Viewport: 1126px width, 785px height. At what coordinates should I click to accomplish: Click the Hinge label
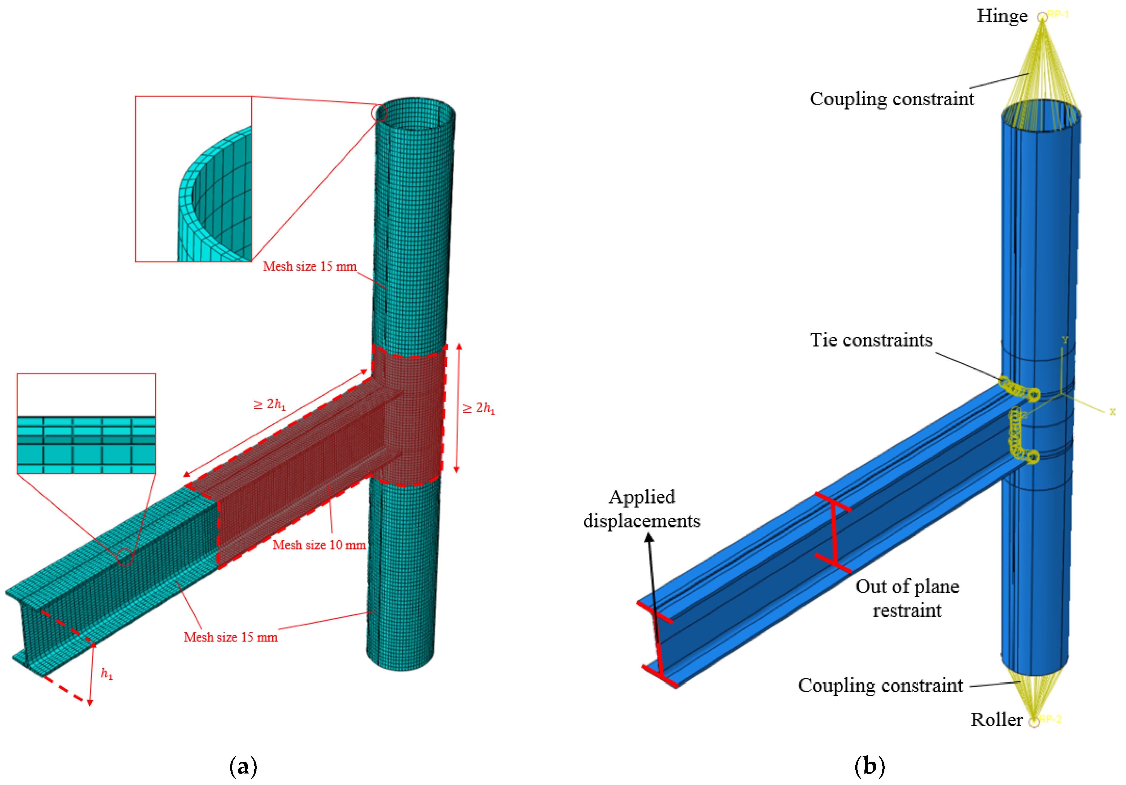[1002, 16]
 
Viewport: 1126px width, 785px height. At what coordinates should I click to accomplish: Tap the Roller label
[996, 720]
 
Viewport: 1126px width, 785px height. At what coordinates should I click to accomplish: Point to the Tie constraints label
[871, 340]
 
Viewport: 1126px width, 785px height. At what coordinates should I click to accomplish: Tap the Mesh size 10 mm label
[319, 545]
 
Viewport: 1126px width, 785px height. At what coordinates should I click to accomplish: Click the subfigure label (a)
[243, 766]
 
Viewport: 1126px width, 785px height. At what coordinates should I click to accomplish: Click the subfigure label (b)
[870, 766]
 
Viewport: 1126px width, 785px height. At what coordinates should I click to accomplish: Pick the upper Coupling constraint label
[892, 99]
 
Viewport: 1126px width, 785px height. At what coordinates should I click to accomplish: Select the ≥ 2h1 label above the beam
[269, 405]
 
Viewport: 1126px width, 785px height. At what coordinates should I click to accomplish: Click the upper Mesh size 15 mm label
[309, 266]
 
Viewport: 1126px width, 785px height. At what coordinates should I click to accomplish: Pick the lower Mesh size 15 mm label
[230, 637]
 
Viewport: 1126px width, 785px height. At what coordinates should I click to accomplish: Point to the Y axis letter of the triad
[1065, 340]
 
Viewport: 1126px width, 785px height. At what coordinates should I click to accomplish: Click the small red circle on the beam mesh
[125, 557]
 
